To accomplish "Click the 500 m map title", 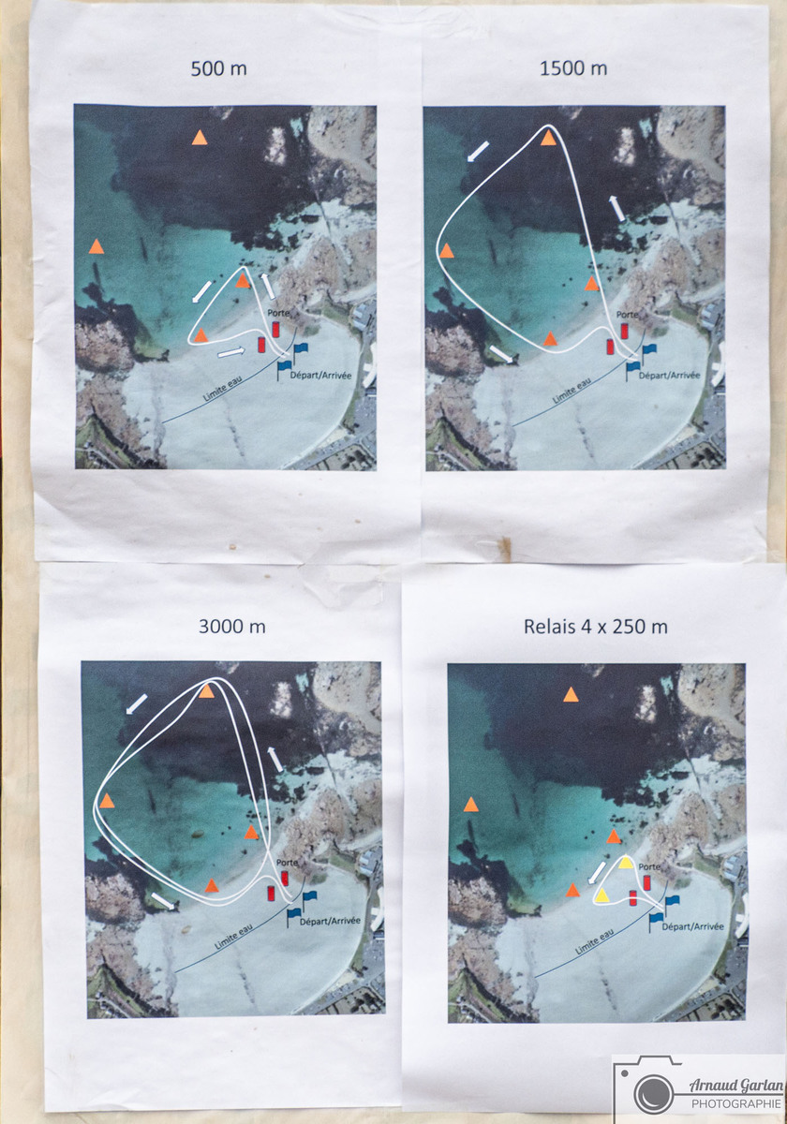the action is (219, 68).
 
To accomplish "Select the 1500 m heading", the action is (573, 68).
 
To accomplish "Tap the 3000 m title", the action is (232, 627).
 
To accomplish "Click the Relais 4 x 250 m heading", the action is (596, 627).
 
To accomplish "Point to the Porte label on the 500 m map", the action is (278, 313).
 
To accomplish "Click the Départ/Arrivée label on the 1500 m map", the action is (669, 375).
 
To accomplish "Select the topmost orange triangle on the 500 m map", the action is (200, 138).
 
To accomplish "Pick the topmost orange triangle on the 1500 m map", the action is (549, 138).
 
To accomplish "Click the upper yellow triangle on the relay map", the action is (625, 862).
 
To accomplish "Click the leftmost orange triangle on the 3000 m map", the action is (107, 800).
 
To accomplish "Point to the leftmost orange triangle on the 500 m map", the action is (96, 246).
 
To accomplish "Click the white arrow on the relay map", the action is (596, 873).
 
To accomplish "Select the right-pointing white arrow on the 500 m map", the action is (231, 352).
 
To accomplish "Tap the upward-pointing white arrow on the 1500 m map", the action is (616, 208).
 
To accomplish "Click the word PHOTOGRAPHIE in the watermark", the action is (735, 1103).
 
